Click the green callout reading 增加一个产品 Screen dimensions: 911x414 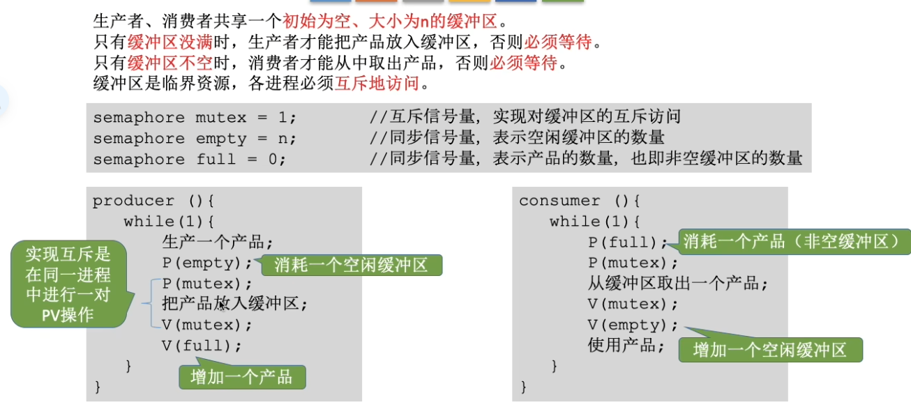pyautogui.click(x=242, y=376)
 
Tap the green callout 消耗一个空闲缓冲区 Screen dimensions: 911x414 pyautogui.click(x=352, y=265)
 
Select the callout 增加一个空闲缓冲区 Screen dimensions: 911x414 pyautogui.click(x=770, y=349)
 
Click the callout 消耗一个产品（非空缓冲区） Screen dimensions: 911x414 pyautogui.click(x=794, y=242)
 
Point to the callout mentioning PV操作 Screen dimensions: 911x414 pyautogui.click(x=68, y=284)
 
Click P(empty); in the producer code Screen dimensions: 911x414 pyautogui.click(x=207, y=263)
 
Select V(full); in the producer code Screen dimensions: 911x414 pyautogui.click(x=202, y=346)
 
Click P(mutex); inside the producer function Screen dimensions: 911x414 pyautogui.click(x=207, y=284)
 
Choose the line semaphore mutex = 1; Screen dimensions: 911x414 pyautogui.click(x=195, y=118)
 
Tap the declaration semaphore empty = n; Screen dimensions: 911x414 pyautogui.click(x=195, y=139)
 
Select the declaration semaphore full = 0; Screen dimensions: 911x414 pyautogui.click(x=190, y=159)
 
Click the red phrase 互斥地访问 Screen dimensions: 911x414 pyautogui.click(x=377, y=83)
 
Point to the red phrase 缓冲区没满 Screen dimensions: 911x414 pyautogui.click(x=170, y=42)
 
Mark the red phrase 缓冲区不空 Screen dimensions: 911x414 pyautogui.click(x=170, y=63)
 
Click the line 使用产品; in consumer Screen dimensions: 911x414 pyautogui.click(x=626, y=345)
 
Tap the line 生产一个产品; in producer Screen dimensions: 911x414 pyautogui.click(x=217, y=242)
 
